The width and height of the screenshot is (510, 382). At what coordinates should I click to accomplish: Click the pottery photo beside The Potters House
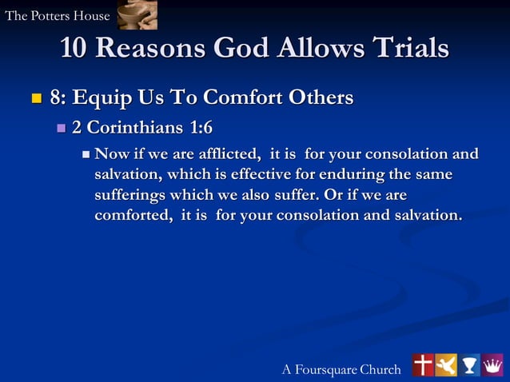point(137,15)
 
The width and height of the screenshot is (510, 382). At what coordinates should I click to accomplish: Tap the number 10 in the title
point(77,49)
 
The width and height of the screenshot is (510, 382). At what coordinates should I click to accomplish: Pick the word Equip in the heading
point(106,98)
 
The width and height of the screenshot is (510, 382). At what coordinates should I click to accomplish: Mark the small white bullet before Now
point(87,153)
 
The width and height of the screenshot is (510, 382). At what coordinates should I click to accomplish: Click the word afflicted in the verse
point(220,153)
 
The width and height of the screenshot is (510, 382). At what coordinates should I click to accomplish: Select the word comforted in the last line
point(132,215)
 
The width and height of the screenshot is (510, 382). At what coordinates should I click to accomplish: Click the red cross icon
point(422,365)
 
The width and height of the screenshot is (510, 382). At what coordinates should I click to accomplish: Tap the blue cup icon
point(469,365)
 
